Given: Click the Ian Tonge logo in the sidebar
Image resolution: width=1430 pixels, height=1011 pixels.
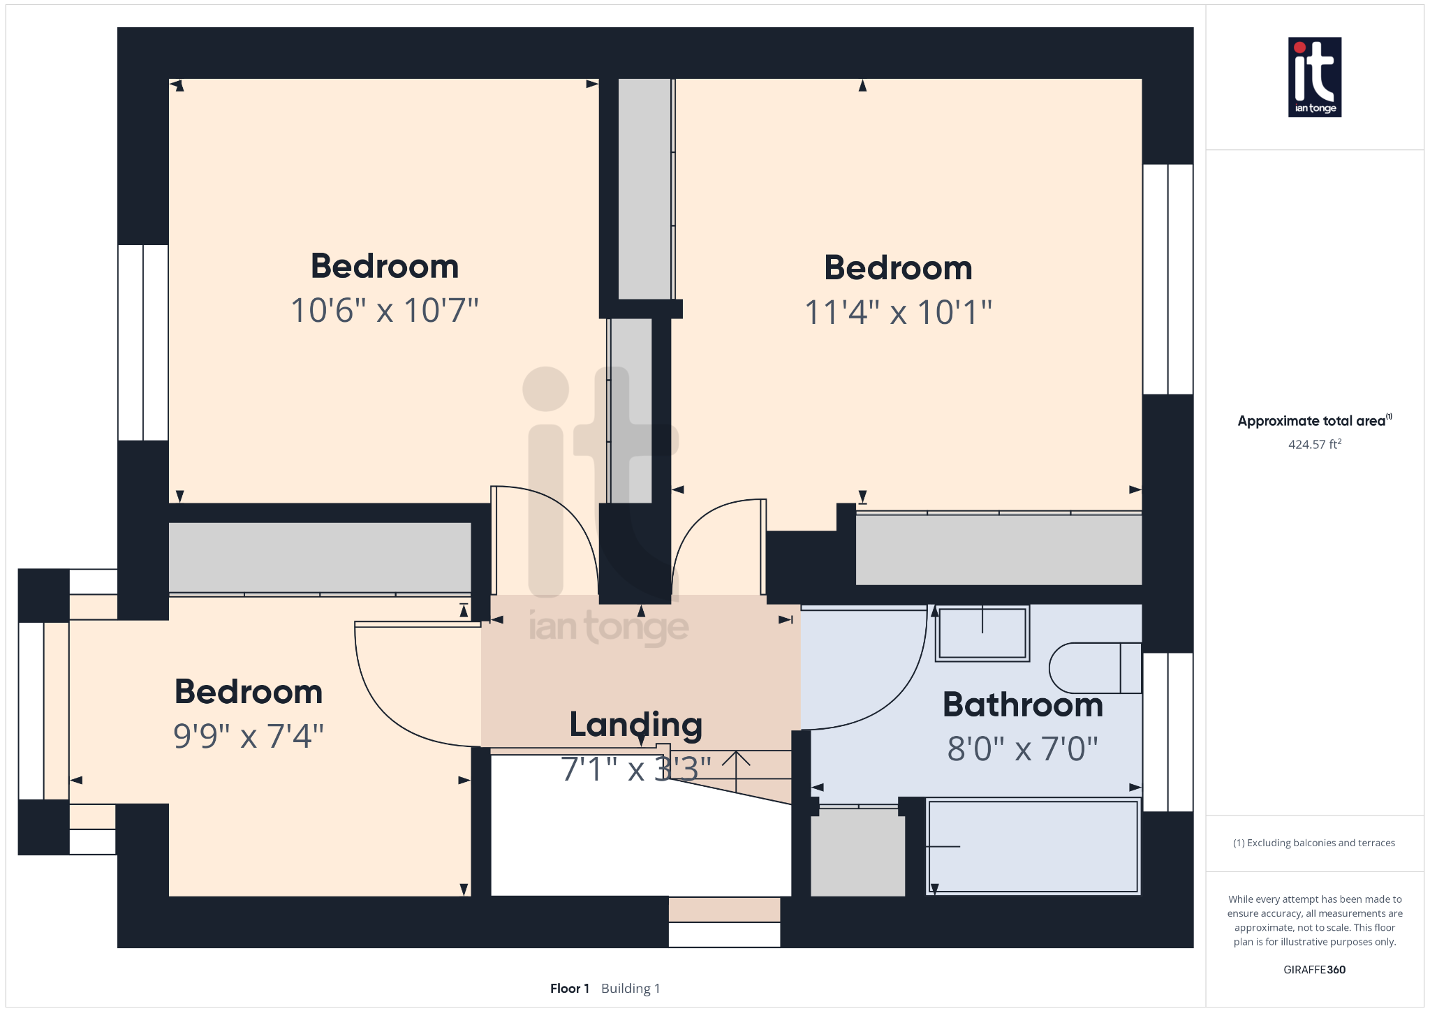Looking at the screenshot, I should click(1314, 77).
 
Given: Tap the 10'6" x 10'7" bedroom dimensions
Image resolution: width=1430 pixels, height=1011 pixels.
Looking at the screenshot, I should click(385, 311).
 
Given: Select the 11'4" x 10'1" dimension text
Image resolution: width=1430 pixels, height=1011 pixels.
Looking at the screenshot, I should click(898, 312).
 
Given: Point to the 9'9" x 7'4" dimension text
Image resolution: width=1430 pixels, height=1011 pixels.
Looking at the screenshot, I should click(249, 736).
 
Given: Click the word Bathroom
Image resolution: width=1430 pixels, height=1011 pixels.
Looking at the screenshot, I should click(1022, 704).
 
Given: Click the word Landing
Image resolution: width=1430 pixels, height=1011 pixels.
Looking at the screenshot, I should click(635, 725).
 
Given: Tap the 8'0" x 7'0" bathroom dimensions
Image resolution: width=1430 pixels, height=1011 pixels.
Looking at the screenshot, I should click(1022, 748).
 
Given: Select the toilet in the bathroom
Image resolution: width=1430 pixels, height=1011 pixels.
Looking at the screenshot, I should click(1094, 668).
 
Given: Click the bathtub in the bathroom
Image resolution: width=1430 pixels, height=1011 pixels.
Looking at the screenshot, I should click(1033, 846).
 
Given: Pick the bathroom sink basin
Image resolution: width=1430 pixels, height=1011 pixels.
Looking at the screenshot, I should click(982, 633).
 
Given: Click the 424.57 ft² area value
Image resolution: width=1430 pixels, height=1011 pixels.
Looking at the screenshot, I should click(1314, 444).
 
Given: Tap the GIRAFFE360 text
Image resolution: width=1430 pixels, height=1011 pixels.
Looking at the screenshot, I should click(1314, 969).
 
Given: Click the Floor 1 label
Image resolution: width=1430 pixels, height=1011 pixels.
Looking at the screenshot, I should click(569, 988).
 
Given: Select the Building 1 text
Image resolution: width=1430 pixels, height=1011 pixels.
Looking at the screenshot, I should click(630, 988).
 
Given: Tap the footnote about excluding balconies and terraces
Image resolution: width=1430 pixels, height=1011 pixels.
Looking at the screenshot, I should click(1314, 843).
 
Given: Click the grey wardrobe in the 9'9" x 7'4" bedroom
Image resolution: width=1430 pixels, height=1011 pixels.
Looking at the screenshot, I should click(320, 558).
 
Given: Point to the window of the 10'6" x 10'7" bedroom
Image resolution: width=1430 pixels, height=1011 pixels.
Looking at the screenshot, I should click(143, 342).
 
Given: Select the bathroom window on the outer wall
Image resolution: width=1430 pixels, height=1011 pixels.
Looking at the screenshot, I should click(1167, 732).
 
